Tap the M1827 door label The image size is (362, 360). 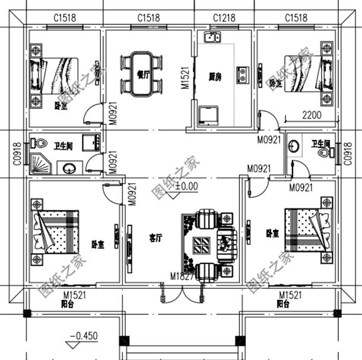tap(182, 276)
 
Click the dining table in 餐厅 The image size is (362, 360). tap(141, 73)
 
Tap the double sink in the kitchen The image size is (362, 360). tap(212, 39)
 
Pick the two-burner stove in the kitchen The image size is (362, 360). tap(242, 74)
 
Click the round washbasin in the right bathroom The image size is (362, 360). tap(294, 145)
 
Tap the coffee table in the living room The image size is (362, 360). tap(201, 244)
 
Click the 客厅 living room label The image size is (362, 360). tap(156, 238)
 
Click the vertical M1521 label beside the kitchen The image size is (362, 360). tap(184, 77)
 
